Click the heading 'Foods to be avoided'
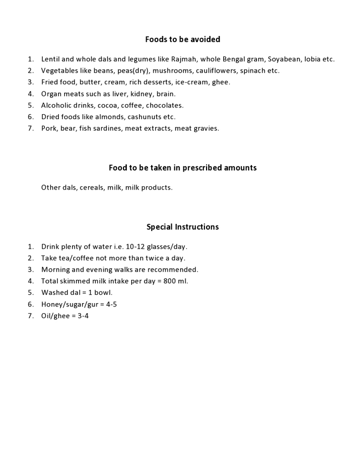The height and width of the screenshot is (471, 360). tap(182, 39)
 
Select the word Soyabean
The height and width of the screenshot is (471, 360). tap(285, 59)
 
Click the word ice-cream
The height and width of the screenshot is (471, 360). tap(192, 82)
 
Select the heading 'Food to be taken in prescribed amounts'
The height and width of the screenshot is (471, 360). tap(182, 168)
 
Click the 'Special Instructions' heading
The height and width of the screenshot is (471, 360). tap(182, 227)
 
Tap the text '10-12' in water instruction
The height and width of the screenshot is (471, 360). tap(135, 247)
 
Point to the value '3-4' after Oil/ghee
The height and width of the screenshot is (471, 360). tap(83, 316)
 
